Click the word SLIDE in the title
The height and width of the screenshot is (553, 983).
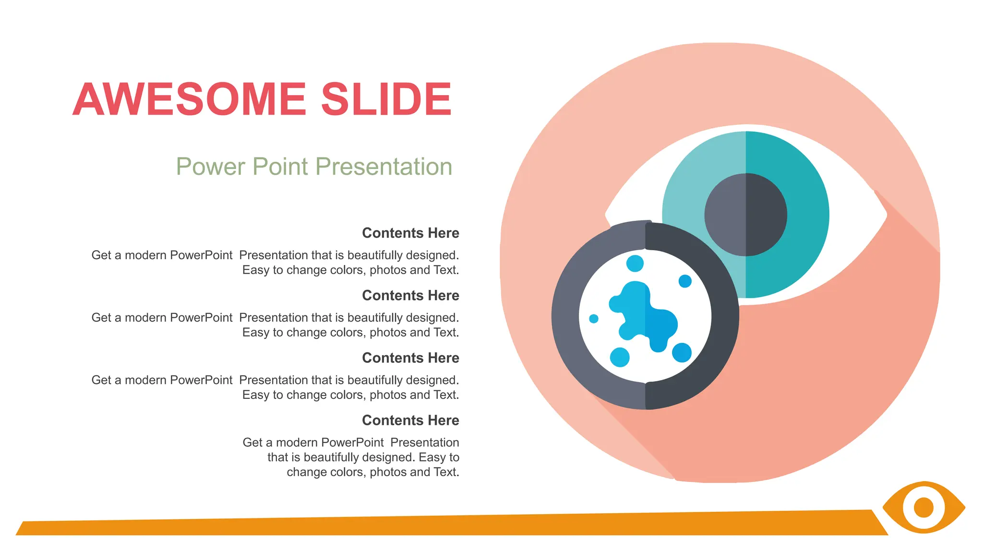point(386,99)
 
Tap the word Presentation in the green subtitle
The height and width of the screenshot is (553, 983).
point(384,167)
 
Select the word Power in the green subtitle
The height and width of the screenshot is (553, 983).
point(211,167)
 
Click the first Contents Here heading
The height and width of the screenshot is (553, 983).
point(410,233)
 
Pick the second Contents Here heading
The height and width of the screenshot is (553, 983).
point(410,295)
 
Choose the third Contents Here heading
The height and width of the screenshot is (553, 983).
point(410,358)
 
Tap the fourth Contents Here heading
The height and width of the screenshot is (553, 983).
point(410,420)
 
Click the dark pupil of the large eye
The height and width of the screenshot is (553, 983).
point(745,215)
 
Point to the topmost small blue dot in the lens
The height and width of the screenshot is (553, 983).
point(635,263)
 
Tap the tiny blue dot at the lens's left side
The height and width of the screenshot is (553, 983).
point(594,319)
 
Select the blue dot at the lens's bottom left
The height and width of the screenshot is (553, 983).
point(620,357)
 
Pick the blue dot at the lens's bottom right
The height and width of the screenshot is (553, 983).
point(682,352)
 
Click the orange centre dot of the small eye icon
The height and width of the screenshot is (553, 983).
point(923,507)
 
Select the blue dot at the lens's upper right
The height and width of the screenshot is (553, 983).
point(685,281)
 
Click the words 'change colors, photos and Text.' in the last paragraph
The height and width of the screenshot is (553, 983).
point(372,472)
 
